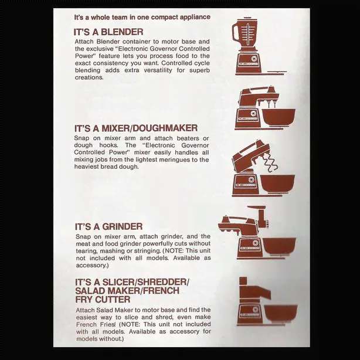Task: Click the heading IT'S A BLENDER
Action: coord(108,32)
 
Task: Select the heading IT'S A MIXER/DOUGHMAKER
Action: coord(136,128)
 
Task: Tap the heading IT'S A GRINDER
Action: coord(108,226)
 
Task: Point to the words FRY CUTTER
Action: coord(103,300)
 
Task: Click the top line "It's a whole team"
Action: coord(142,17)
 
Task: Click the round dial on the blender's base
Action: coord(254,58)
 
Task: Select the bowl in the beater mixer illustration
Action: coord(279,117)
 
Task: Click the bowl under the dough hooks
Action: coord(277,184)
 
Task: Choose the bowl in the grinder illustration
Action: coord(279,246)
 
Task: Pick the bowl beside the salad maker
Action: coord(281,314)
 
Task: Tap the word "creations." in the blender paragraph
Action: coord(89,77)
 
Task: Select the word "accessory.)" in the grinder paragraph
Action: coord(92,266)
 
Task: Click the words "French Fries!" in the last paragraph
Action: coord(96,325)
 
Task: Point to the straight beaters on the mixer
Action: coord(271,104)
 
